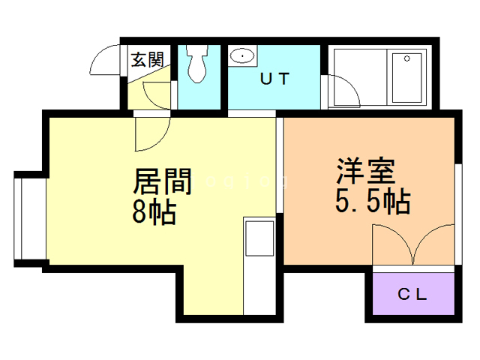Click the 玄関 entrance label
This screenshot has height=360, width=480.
pyautogui.click(x=147, y=60)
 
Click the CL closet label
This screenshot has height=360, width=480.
pyautogui.click(x=412, y=295)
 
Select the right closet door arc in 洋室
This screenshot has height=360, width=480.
pyautogui.click(x=433, y=244)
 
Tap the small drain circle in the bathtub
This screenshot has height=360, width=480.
pyautogui.click(x=408, y=58)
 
